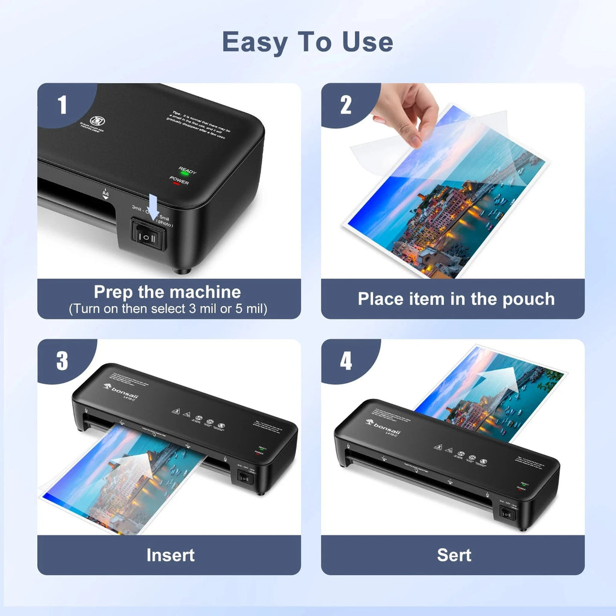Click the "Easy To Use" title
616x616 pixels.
307,42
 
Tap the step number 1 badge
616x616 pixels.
62,105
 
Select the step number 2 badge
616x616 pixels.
345,105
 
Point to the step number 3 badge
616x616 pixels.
62,362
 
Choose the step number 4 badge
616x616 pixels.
345,362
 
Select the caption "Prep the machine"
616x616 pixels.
167,292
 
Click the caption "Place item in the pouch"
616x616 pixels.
455,299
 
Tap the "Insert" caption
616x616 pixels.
170,555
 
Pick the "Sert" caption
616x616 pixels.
454,555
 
